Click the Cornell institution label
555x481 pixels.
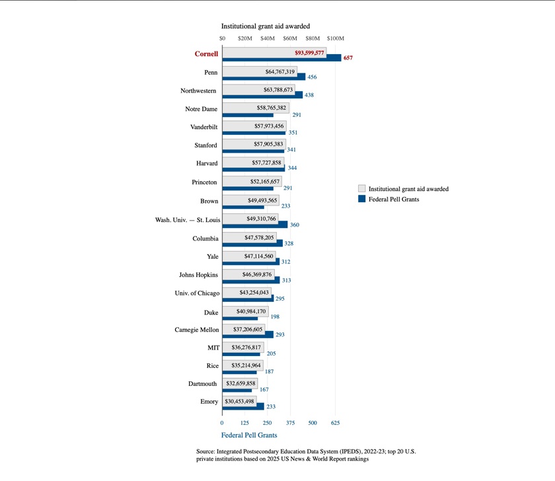pyautogui.click(x=205, y=54)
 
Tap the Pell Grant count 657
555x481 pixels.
pyautogui.click(x=348, y=59)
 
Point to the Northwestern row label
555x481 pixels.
pyautogui.click(x=198, y=91)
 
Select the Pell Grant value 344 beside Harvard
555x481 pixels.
pyautogui.click(x=292, y=168)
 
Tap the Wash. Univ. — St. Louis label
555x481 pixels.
pyautogui.click(x=184, y=219)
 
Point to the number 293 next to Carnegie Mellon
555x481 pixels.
pyautogui.click(x=280, y=335)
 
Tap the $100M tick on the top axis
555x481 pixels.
pyautogui.click(x=335, y=38)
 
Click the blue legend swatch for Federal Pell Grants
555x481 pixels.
pyautogui.click(x=361, y=199)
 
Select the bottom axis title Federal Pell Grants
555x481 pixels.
pyautogui.click(x=249, y=435)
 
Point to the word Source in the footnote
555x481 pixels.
pyautogui.click(x=207, y=451)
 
